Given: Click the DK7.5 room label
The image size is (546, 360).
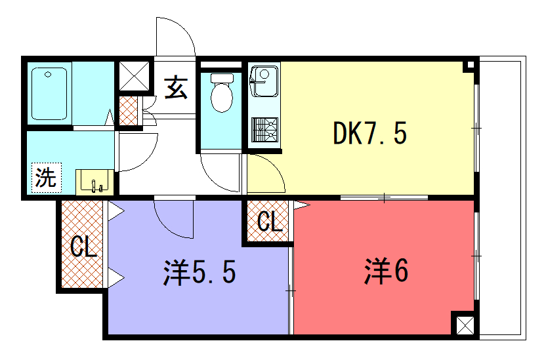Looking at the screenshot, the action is pyautogui.click(x=370, y=133).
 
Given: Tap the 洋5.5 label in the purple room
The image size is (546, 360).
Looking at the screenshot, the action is pyautogui.click(x=199, y=272).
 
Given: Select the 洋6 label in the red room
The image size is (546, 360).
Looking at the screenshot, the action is pyautogui.click(x=386, y=271).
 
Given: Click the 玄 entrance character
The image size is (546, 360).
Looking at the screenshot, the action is pyautogui.click(x=176, y=87).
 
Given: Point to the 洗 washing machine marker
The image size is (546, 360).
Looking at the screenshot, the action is pyautogui.click(x=46, y=178).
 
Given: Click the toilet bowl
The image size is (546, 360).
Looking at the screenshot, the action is pyautogui.click(x=222, y=93).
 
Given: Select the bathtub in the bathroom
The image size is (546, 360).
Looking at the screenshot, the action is pyautogui.click(x=49, y=94).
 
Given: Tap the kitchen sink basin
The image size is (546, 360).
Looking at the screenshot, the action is pyautogui.click(x=264, y=81).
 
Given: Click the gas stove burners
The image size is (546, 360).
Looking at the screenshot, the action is pyautogui.click(x=265, y=130).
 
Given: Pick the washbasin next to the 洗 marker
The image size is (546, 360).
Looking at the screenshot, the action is pyautogui.click(x=94, y=182).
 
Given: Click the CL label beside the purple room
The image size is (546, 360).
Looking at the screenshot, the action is pyautogui.click(x=83, y=247).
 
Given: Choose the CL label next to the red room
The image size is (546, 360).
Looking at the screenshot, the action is pyautogui.click(x=270, y=221).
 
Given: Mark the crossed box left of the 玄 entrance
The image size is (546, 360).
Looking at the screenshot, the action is pyautogui.click(x=134, y=76).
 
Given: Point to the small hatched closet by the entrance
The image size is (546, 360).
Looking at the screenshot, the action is pyautogui.click(x=128, y=111).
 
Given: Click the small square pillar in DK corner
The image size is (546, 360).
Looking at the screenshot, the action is pyautogui.click(x=471, y=65).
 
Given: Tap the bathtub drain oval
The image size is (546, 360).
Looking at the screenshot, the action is pyautogui.click(x=48, y=75).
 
